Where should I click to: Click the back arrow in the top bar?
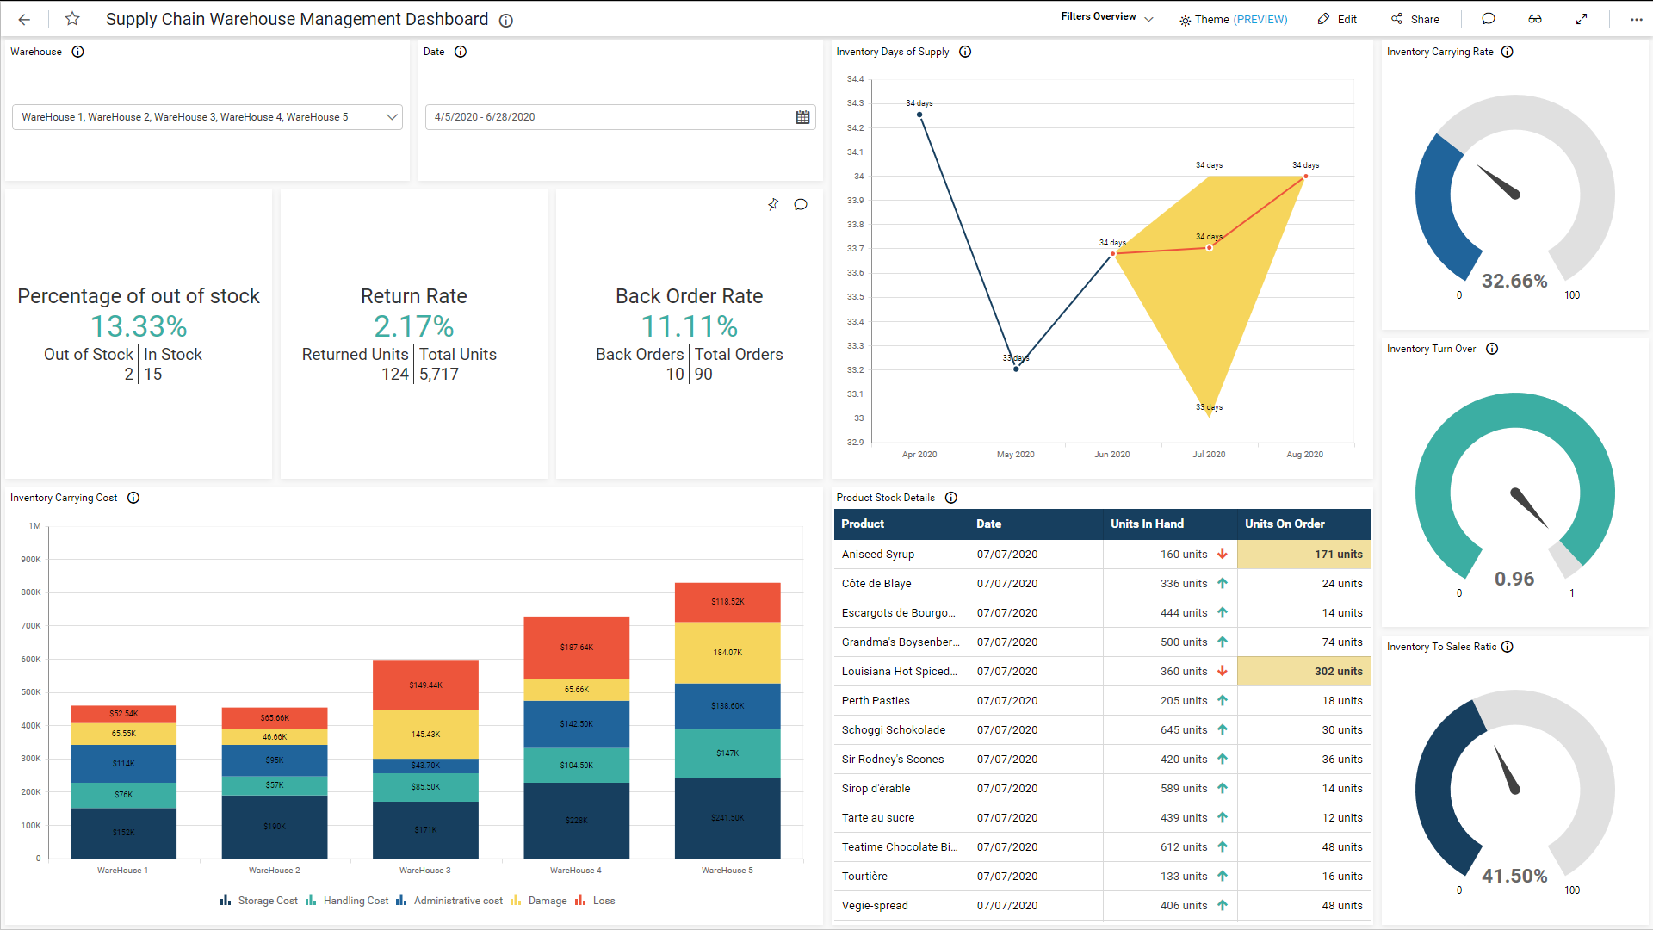tap(24, 19)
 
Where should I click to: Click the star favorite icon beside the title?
tap(72, 19)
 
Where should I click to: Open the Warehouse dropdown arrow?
tap(392, 117)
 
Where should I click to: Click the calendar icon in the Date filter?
tap(802, 117)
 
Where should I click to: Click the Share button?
tap(1415, 19)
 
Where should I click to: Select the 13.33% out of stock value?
tap(139, 326)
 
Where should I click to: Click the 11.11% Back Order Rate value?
tap(689, 326)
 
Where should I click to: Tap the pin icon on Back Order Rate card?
tap(773, 204)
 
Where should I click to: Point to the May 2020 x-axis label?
tap(1015, 455)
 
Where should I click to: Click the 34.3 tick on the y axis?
tap(854, 103)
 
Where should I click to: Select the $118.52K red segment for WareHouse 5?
tap(727, 602)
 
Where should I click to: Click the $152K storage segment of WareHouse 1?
tap(123, 833)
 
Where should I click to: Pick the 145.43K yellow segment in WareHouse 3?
tap(425, 735)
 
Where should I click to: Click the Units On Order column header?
tap(1285, 524)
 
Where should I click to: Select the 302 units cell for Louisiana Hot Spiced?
tap(1303, 672)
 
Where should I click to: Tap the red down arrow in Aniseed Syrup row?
tap(1222, 554)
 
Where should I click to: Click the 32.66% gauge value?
tap(1514, 281)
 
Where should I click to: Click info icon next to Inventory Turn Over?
tap(1492, 349)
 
